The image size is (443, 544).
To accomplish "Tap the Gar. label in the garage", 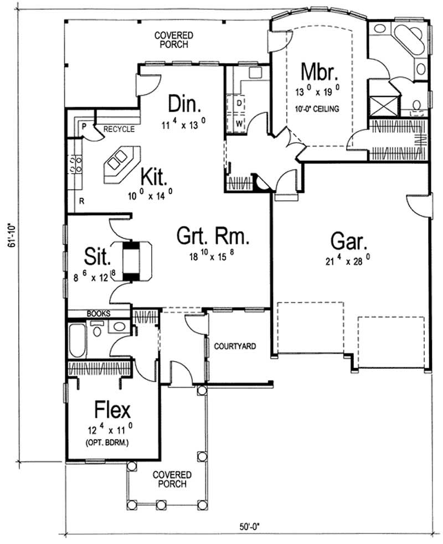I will click(347, 242).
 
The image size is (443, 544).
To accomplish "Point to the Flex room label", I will click(113, 410).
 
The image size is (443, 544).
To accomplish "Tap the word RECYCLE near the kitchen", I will click(119, 129).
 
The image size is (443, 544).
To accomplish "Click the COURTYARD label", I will click(235, 347).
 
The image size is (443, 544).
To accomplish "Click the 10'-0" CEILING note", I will click(318, 108).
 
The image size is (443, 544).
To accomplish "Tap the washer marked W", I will click(239, 123).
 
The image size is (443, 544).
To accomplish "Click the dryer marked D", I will click(239, 103).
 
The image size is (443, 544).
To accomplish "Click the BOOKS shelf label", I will click(99, 313).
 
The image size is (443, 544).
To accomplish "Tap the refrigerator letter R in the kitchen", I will click(81, 201).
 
